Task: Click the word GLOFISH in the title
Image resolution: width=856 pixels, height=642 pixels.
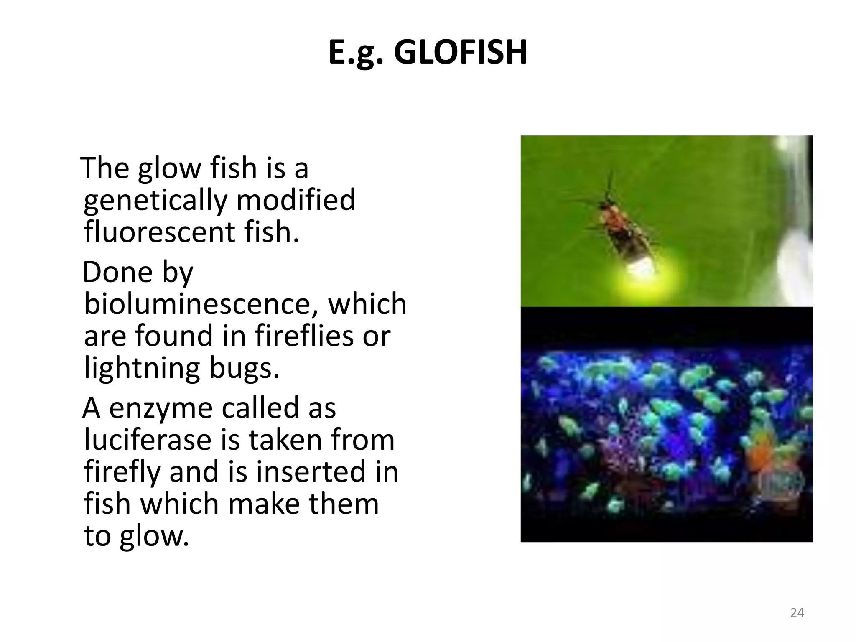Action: point(460,53)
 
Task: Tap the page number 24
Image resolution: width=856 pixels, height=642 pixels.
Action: point(797,613)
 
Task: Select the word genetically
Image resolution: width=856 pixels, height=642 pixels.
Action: point(155,200)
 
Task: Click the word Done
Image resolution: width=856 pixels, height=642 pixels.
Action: point(118,272)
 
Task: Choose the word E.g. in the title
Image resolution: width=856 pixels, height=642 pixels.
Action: point(356,53)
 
